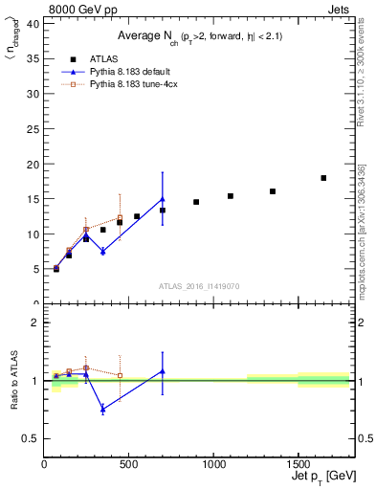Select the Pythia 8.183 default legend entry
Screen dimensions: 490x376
[x=122, y=72]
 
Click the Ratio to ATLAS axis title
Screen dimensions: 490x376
[x=12, y=381]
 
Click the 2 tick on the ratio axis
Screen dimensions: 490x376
[x=36, y=323]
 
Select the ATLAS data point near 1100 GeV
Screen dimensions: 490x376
[x=231, y=196]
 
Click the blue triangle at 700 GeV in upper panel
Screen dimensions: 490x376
[x=163, y=199]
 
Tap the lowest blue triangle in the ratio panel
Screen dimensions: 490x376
[x=102, y=409]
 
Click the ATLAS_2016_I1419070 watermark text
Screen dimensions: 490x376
[x=198, y=285]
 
